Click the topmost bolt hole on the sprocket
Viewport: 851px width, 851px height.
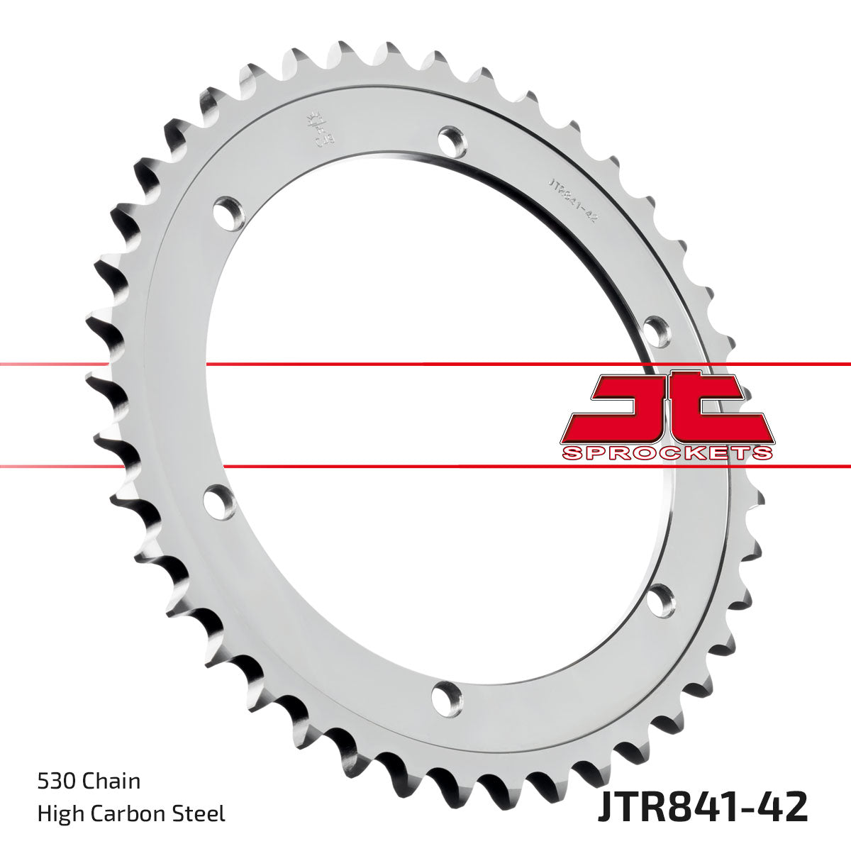click(452, 140)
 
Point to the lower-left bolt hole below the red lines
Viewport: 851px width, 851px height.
click(219, 501)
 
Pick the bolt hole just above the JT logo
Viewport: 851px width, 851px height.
click(657, 330)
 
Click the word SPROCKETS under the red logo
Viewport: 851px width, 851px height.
click(667, 453)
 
